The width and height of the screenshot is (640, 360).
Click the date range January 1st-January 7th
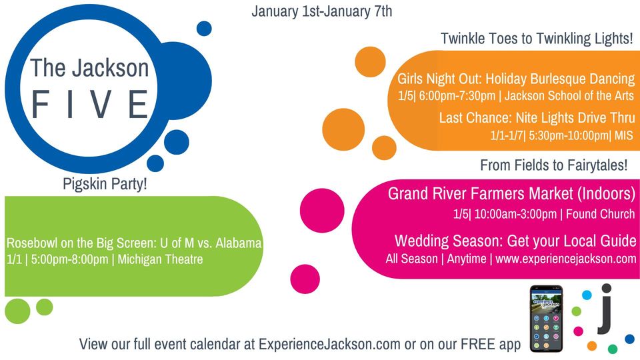tap(322, 11)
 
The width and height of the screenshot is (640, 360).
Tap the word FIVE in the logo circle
tap(91, 105)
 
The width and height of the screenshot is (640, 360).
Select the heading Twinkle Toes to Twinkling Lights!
tap(537, 39)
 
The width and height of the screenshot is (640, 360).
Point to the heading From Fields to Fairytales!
tap(553, 165)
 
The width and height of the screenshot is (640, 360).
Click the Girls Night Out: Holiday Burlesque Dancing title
tap(516, 79)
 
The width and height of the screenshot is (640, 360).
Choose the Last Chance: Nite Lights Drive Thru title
tap(537, 118)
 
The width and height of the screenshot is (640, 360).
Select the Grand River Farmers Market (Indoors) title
tap(511, 194)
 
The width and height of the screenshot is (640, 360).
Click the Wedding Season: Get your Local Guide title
tap(515, 241)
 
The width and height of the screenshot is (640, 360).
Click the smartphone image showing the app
tap(546, 319)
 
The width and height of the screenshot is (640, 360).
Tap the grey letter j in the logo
tap(605, 311)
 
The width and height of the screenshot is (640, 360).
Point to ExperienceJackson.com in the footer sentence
tap(329, 345)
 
